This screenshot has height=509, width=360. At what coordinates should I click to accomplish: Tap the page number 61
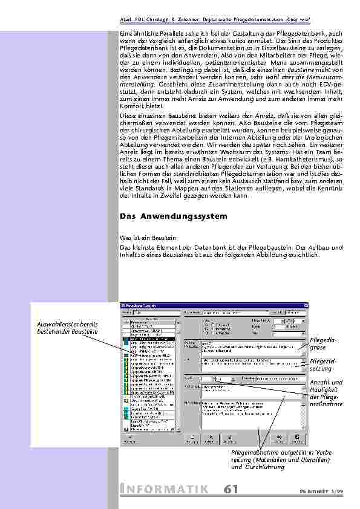click(230, 489)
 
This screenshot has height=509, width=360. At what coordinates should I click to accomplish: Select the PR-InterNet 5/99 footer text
click(327, 491)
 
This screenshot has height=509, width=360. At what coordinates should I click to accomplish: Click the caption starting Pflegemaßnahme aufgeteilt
click(281, 459)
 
